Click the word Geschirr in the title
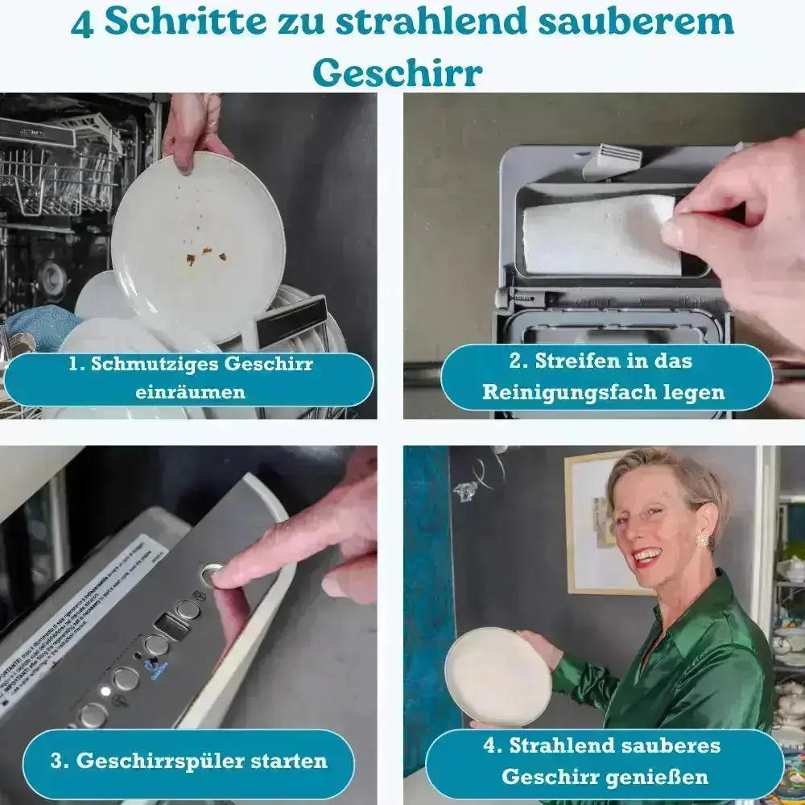[x=397, y=72]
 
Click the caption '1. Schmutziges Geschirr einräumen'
[x=189, y=378]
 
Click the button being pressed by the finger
[x=211, y=573]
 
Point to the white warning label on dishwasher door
[x=80, y=620]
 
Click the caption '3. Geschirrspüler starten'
[x=188, y=761]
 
